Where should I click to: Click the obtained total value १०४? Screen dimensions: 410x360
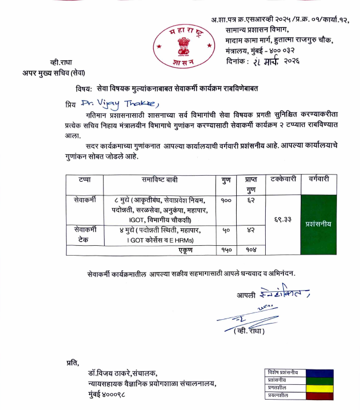pyautogui.click(x=251, y=250)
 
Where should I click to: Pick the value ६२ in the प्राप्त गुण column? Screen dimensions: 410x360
pyautogui.click(x=251, y=201)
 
